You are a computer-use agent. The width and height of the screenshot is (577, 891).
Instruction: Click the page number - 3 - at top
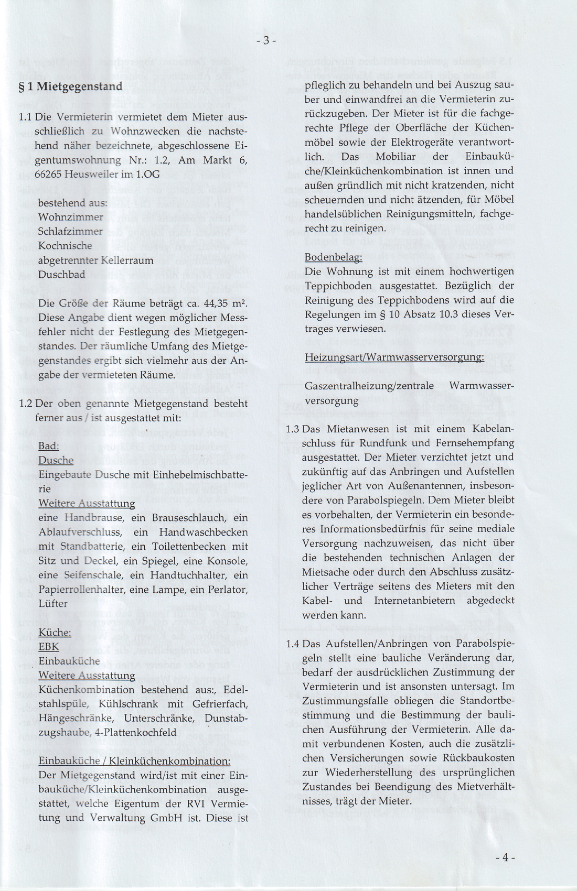pyautogui.click(x=266, y=40)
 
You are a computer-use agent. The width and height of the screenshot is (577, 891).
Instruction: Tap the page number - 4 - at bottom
pyautogui.click(x=505, y=857)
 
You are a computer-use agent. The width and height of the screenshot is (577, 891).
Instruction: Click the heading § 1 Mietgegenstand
pyautogui.click(x=71, y=86)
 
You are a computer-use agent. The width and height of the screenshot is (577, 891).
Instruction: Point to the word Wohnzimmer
pyautogui.click(x=71, y=216)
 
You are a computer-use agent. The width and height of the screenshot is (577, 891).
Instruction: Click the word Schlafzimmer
pyautogui.click(x=71, y=231)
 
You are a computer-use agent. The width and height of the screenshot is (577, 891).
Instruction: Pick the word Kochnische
pyautogui.click(x=65, y=245)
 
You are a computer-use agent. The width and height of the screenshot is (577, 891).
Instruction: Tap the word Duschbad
pyautogui.click(x=61, y=275)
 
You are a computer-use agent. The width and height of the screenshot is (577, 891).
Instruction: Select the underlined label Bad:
pyautogui.click(x=49, y=446)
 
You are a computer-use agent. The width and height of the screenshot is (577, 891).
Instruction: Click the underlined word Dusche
pyautogui.click(x=56, y=460)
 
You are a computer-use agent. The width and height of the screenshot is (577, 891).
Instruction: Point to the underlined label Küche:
pyautogui.click(x=55, y=633)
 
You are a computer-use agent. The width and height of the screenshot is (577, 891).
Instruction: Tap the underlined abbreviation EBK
pyautogui.click(x=49, y=647)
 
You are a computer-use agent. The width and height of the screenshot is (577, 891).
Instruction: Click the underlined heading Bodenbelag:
pyautogui.click(x=333, y=257)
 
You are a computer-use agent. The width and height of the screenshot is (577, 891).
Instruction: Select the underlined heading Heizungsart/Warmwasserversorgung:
pyautogui.click(x=394, y=357)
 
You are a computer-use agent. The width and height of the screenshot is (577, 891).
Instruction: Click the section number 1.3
pyautogui.click(x=293, y=429)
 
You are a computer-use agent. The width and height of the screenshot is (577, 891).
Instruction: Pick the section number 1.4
pyautogui.click(x=293, y=644)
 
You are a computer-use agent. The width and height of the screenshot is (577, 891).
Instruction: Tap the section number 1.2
pyautogui.click(x=26, y=404)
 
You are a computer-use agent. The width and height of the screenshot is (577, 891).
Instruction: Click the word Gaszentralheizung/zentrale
pyautogui.click(x=369, y=386)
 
